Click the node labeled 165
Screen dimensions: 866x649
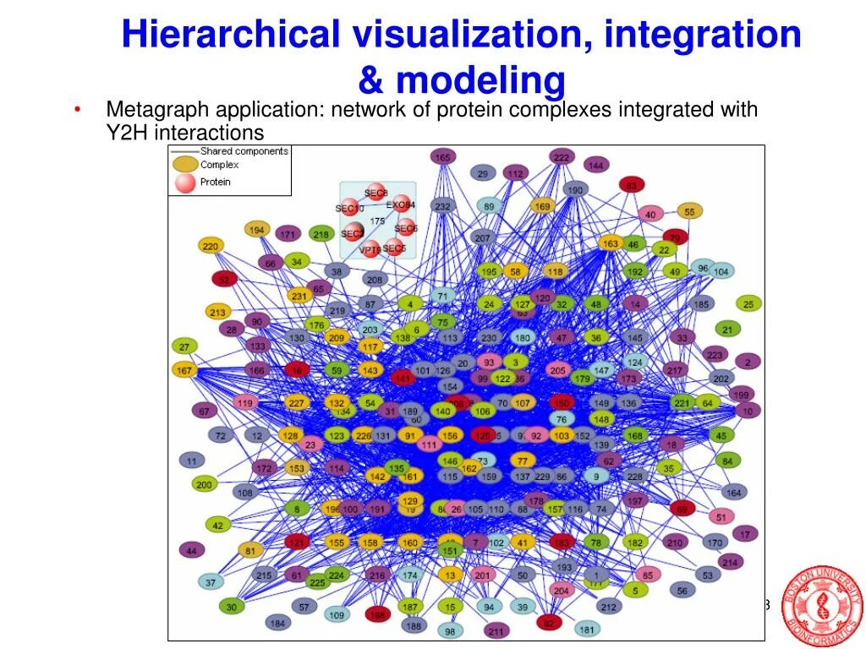click(442, 156)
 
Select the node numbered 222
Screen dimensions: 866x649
click(561, 156)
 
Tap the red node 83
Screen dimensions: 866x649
click(631, 184)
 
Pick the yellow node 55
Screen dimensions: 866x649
click(690, 211)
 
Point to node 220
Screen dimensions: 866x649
click(211, 246)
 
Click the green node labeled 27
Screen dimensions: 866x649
click(184, 346)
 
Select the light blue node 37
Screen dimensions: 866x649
click(211, 582)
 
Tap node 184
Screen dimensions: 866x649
click(277, 623)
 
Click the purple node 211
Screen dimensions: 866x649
click(496, 630)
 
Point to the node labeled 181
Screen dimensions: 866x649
click(587, 629)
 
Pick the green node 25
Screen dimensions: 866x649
click(748, 303)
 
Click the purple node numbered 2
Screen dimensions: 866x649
click(747, 362)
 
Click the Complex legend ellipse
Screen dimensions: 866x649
click(185, 165)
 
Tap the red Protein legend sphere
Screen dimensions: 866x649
click(185, 182)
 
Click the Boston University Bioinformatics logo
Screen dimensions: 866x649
click(821, 607)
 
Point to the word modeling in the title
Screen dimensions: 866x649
click(480, 80)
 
